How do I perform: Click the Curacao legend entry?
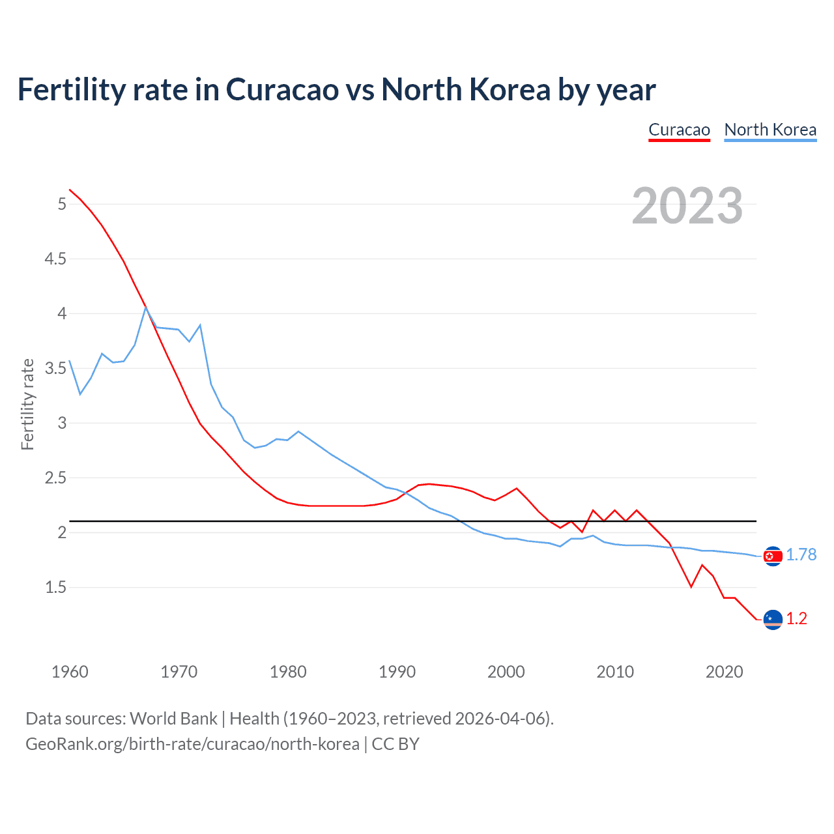point(679,130)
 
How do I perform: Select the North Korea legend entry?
point(770,130)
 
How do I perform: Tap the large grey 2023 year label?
point(687,206)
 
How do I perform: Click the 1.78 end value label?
point(801,554)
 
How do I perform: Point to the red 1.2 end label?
point(796,618)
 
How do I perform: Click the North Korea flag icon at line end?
point(773,556)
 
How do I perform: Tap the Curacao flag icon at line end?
point(773,620)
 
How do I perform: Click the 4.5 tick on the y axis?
point(55,259)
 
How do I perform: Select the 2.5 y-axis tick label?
point(55,478)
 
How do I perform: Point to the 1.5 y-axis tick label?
point(55,587)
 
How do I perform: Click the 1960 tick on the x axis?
point(70,672)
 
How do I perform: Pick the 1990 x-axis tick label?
point(397,672)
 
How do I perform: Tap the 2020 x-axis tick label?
point(724,672)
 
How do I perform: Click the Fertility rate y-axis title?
point(27,404)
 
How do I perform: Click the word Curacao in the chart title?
point(282,89)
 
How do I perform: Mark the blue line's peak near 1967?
point(146,307)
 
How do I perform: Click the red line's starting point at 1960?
point(70,190)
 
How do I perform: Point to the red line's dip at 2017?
point(691,587)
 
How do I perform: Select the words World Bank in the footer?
point(173,719)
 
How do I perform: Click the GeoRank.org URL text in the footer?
point(192,744)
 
